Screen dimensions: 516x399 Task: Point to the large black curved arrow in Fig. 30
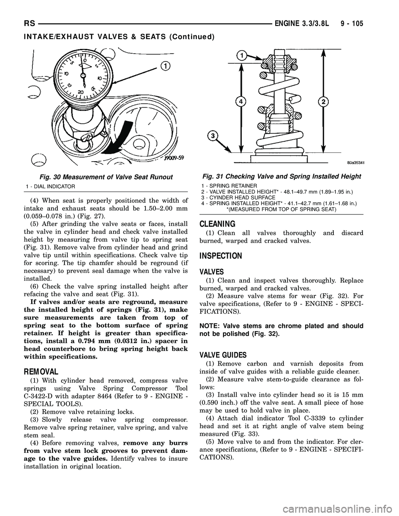125,133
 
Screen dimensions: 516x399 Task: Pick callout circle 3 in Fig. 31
213,135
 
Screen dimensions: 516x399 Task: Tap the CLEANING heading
217,224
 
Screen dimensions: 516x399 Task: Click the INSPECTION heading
221,256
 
